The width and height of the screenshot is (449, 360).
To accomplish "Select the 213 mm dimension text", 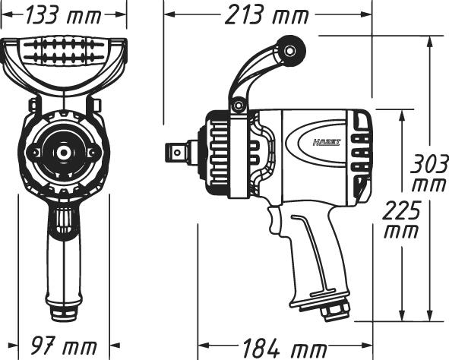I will pyautogui.click(x=267, y=14).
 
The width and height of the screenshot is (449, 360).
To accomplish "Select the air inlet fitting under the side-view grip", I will pyautogui.click(x=333, y=310).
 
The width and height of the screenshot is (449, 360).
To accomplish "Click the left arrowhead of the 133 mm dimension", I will pyautogui.click(x=5, y=14).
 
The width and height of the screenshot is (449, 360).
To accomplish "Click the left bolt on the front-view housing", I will pyautogui.click(x=33, y=153).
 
